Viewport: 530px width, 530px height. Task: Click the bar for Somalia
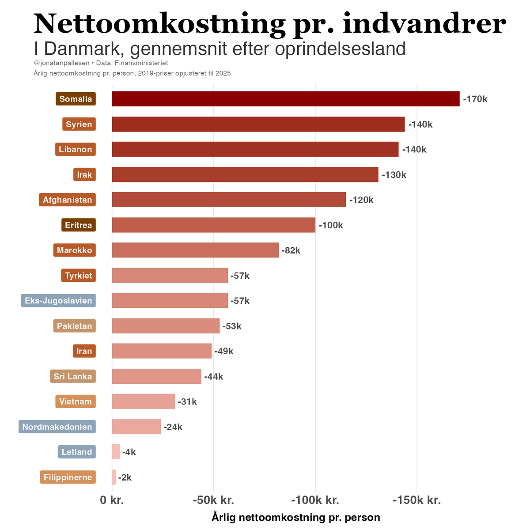285,99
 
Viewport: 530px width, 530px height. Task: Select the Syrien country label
79,124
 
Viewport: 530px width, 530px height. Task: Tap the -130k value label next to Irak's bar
394,175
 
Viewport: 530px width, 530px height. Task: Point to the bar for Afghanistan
229,200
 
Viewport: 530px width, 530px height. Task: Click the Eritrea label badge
79,225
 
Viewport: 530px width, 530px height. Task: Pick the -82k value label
291,250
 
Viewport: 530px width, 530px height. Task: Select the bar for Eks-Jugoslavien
170,301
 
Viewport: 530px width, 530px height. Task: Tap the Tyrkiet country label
79,276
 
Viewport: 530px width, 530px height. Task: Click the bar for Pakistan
166,326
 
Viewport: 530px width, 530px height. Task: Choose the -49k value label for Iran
223,352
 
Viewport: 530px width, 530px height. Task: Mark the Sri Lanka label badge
73,377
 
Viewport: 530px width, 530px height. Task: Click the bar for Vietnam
144,401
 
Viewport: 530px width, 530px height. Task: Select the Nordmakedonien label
57,427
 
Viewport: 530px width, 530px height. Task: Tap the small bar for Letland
116,452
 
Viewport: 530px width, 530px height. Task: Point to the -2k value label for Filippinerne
125,477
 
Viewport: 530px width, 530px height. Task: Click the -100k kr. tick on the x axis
315,500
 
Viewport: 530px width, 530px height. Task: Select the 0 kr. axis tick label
112,500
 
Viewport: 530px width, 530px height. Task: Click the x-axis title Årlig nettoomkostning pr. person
296,517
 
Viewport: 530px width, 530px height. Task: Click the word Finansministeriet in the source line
141,63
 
